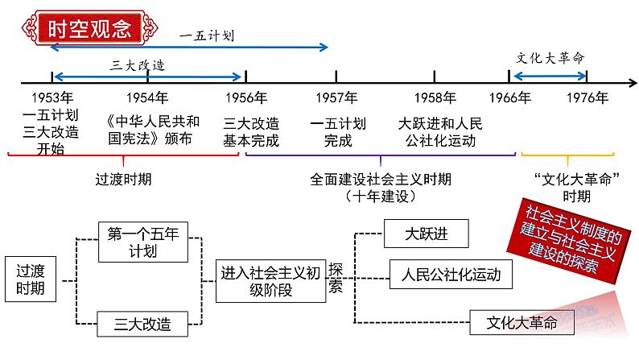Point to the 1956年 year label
click(246, 98)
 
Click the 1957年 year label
click(336, 98)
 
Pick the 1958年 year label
click(435, 98)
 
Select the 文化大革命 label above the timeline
click(550, 58)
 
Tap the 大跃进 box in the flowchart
click(426, 234)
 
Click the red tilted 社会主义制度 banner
click(571, 241)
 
